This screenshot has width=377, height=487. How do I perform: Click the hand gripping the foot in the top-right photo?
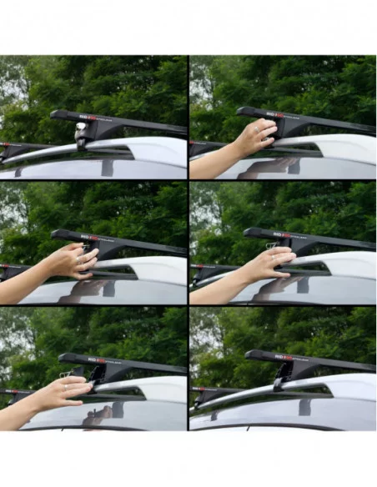pyautogui.click(x=255, y=137)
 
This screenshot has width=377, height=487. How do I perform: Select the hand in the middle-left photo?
pyautogui.click(x=73, y=262)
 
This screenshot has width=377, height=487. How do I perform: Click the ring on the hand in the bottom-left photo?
pyautogui.click(x=68, y=386)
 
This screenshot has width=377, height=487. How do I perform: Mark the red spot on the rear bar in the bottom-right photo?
pyautogui.click(x=200, y=390)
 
